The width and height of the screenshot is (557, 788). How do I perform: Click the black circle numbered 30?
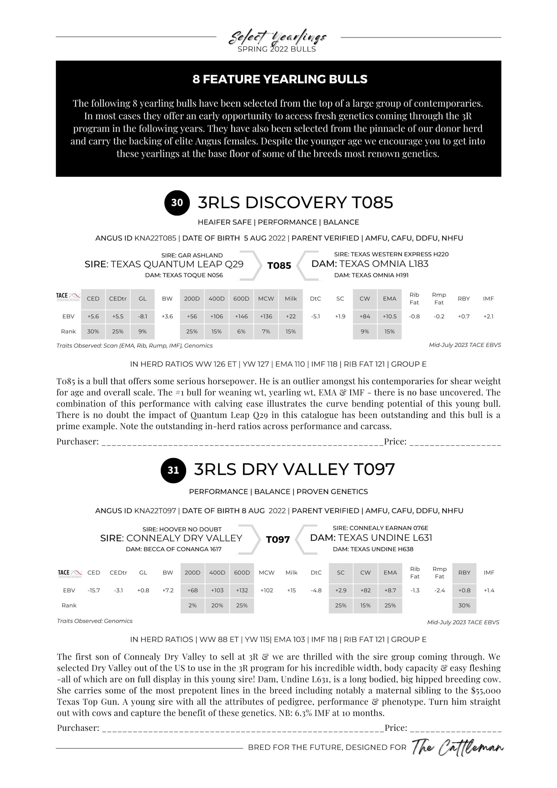[177, 203]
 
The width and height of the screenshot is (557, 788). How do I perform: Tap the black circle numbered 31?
[173, 470]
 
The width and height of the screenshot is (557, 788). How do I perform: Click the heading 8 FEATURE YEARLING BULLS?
[280, 79]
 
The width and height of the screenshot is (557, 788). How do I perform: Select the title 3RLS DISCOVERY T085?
[295, 202]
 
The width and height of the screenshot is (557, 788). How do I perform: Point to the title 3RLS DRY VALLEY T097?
[294, 470]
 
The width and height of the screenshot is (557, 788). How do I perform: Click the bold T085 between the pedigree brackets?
[279, 266]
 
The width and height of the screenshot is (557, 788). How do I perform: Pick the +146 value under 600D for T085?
[241, 316]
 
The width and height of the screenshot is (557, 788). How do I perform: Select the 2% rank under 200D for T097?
[193, 605]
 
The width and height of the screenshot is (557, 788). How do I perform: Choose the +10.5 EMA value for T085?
[390, 316]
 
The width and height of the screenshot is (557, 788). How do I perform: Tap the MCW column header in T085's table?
[266, 299]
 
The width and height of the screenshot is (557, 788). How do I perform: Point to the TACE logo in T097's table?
[70, 573]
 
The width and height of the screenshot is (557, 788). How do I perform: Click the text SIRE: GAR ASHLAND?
[192, 255]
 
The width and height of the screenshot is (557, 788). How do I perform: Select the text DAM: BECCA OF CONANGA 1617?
[174, 549]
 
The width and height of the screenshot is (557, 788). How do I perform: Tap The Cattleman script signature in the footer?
[457, 748]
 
